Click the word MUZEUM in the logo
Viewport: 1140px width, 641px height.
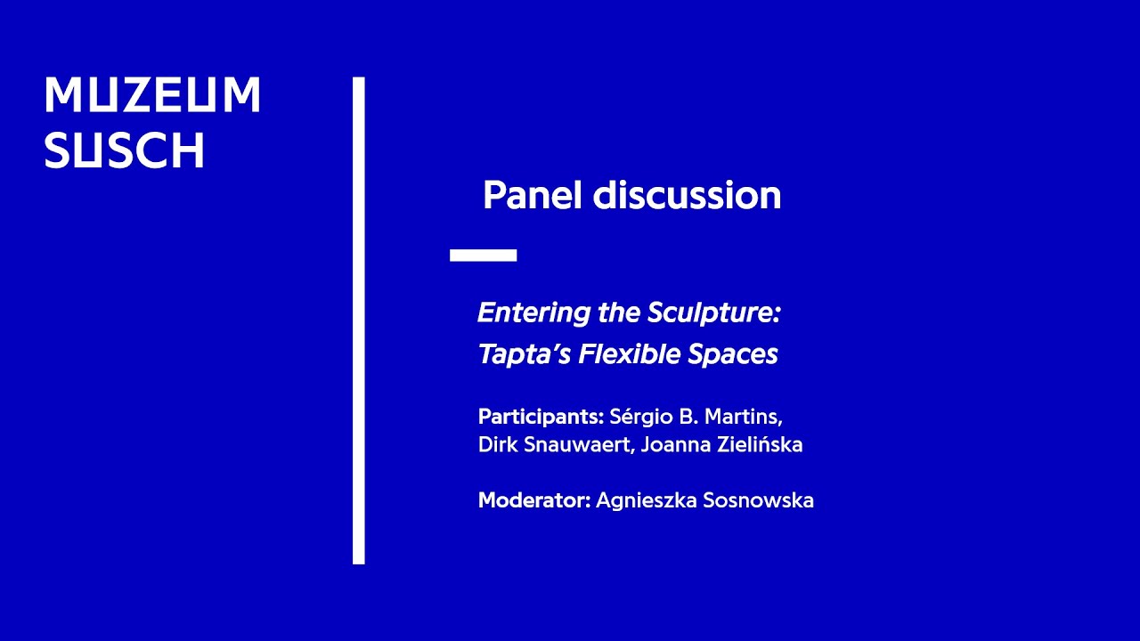152,95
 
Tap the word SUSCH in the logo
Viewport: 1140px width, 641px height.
125,151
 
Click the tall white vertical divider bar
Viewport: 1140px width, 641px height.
358,320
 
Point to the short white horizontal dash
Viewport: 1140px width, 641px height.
483,256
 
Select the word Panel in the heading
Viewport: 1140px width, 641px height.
532,196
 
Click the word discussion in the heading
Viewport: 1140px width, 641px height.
687,196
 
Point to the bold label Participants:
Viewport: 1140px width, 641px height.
541,417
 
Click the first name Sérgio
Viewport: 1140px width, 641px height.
640,417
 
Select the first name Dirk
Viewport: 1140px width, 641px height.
495,445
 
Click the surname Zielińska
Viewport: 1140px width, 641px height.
762,445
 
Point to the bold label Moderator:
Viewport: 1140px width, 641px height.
534,500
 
